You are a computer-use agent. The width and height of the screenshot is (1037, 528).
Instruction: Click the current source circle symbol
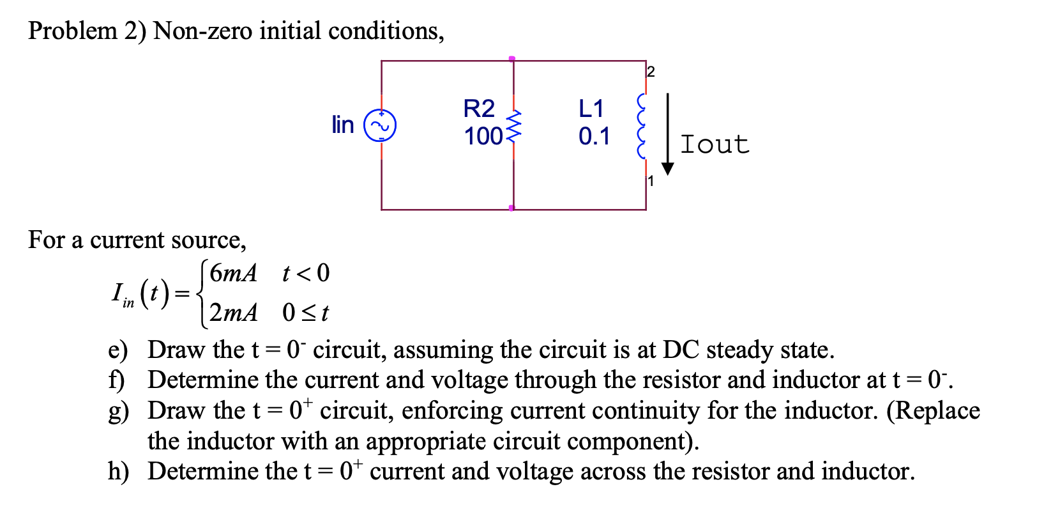381,125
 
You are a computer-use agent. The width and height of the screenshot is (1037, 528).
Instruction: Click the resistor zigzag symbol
514,125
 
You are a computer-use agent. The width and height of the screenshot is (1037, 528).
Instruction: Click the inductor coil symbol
642,127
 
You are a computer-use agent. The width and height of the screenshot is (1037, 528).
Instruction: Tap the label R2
479,109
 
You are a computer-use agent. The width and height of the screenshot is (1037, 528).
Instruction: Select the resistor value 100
483,136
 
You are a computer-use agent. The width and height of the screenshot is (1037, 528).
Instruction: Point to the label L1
591,109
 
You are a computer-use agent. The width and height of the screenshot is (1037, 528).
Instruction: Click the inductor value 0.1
594,136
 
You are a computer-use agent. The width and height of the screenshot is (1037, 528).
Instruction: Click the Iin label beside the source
343,125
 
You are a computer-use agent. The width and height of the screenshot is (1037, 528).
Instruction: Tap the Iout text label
715,144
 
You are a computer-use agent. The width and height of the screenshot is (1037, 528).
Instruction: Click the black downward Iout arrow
668,134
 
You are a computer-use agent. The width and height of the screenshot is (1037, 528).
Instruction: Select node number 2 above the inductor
651,72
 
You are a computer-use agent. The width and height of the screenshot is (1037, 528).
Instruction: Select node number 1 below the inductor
651,181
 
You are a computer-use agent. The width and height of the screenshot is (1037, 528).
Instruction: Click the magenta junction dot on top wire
512,59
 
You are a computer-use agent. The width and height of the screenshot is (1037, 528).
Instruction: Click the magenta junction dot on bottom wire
511,208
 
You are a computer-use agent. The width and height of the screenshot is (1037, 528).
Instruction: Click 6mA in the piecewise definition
233,274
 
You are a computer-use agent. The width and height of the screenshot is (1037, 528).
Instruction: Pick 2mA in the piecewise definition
234,313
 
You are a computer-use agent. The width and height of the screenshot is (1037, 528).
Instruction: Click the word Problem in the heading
72,31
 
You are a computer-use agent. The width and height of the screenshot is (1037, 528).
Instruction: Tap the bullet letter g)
118,411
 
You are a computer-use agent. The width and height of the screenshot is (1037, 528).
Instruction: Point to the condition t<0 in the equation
306,274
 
